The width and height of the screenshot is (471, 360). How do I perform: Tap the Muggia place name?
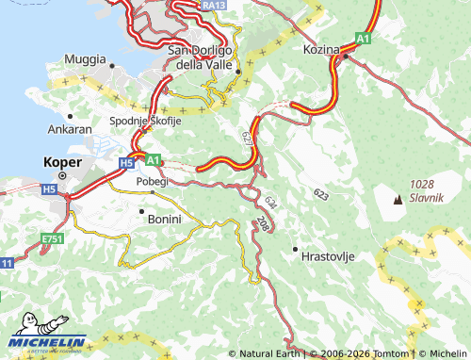pyautogui.click(x=85, y=58)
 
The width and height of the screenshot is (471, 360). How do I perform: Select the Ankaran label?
pyautogui.click(x=71, y=129)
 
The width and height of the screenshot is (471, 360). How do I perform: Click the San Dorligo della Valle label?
pyautogui.click(x=204, y=57)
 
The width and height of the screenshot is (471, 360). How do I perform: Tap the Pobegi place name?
pyautogui.click(x=151, y=181)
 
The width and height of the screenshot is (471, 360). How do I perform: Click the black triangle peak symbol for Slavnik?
pyautogui.click(x=397, y=199)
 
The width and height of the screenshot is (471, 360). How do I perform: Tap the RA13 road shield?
pyautogui.click(x=214, y=6)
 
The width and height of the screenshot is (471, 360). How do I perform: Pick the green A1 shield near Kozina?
pyautogui.click(x=363, y=38)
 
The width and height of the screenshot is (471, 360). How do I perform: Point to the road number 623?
pyautogui.click(x=321, y=194)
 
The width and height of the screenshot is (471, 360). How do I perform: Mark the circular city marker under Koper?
pyautogui.click(x=63, y=175)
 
